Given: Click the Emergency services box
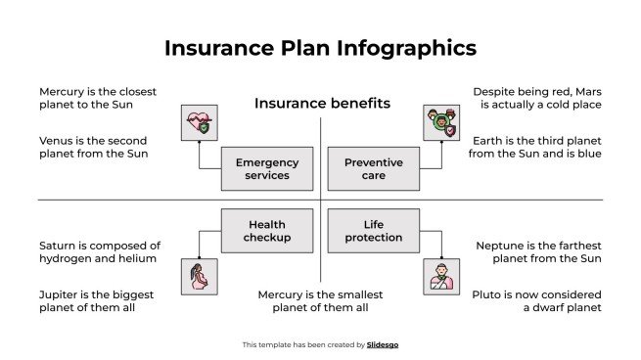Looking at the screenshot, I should (x=267, y=168).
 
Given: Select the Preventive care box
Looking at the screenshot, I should (x=373, y=168).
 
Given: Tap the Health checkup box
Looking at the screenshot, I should (x=267, y=231).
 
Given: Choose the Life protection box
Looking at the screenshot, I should (x=373, y=231).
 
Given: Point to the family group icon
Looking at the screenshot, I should (x=440, y=123).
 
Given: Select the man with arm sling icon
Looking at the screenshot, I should (x=440, y=277).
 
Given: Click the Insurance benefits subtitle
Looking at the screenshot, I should (x=322, y=103).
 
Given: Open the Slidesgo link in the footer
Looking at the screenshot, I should (x=383, y=344).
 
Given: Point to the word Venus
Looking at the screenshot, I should (x=58, y=140).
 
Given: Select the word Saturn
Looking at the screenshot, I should (x=60, y=246).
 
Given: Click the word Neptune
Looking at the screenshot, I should (x=505, y=246).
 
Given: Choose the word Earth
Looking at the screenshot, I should (x=490, y=140).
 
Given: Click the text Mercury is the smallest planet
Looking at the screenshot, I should (x=320, y=300).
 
